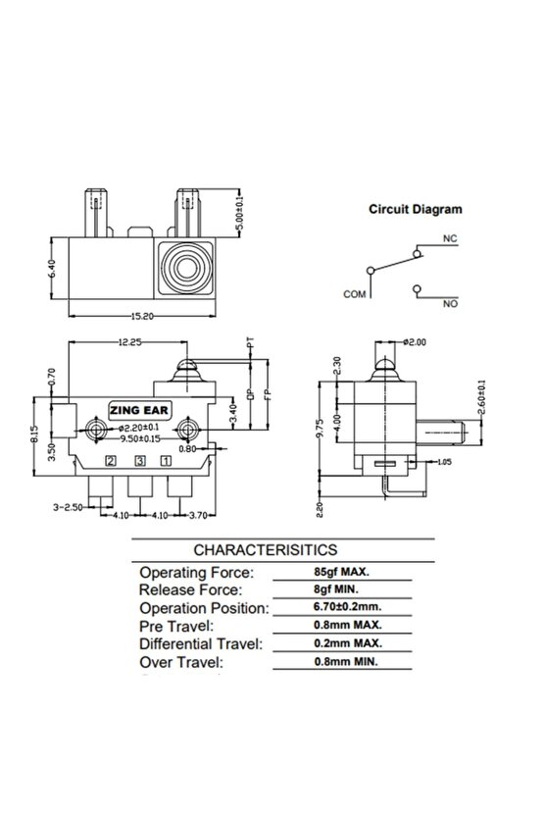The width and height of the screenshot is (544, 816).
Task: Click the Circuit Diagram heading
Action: [415, 209]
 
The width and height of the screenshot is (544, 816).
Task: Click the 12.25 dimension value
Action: [121, 342]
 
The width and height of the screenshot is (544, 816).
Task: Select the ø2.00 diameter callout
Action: [416, 342]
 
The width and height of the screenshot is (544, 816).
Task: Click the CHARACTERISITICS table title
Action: [266, 550]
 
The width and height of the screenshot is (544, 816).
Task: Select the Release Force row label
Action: [190, 589]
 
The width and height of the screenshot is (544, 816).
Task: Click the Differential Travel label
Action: [201, 644]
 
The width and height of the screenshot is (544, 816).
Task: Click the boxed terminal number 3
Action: [140, 460]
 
